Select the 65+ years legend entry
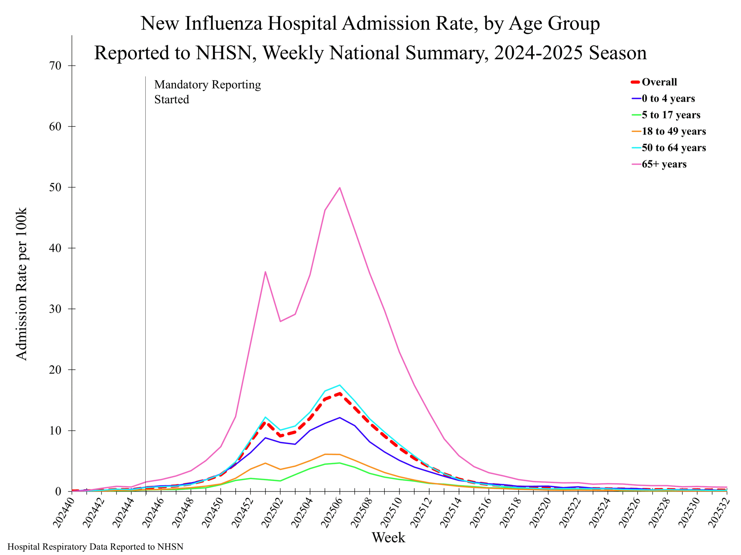[x=664, y=164]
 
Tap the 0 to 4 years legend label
[x=668, y=98]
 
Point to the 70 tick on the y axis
[x=56, y=66]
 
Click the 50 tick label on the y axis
[x=56, y=187]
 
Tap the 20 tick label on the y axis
[x=56, y=370]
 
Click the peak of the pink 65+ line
[x=340, y=188]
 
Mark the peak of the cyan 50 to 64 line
[x=340, y=385]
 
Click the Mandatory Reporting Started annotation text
[x=207, y=92]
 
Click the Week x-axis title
[x=388, y=538]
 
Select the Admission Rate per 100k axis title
[x=21, y=284]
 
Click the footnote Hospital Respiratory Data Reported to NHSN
[x=96, y=547]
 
